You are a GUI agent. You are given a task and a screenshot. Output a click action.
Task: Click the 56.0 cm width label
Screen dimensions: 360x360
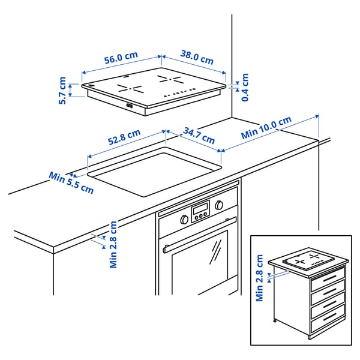[x=121, y=58]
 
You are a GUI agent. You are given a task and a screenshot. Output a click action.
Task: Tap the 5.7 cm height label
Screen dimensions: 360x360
[x=62, y=91]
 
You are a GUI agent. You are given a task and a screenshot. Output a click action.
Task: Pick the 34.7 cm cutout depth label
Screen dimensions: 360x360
[x=199, y=135]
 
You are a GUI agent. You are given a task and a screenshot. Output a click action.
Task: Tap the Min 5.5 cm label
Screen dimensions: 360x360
[x=71, y=182]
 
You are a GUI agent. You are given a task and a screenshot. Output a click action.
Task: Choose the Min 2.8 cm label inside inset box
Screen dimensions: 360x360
[x=259, y=278]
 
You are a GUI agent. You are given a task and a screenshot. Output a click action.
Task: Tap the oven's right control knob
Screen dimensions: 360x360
[x=218, y=205]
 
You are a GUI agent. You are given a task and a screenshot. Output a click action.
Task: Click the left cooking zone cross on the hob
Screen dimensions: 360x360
[x=130, y=88]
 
